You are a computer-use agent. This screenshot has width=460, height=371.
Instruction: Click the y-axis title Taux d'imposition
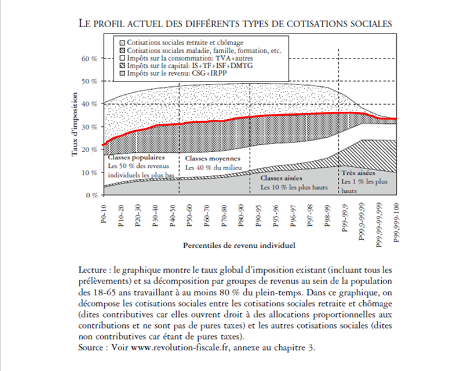pos(75,127)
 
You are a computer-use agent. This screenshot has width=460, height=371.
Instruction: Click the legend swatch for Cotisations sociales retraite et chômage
pos(122,43)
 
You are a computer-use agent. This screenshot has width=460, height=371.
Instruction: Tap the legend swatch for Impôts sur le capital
pos(122,67)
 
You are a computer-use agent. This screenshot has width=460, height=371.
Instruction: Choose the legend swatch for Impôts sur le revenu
pos(122,75)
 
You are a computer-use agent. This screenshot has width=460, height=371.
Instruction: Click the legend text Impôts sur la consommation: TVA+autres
pos(191,59)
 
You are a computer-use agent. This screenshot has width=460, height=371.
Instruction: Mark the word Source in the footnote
pos(90,348)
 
